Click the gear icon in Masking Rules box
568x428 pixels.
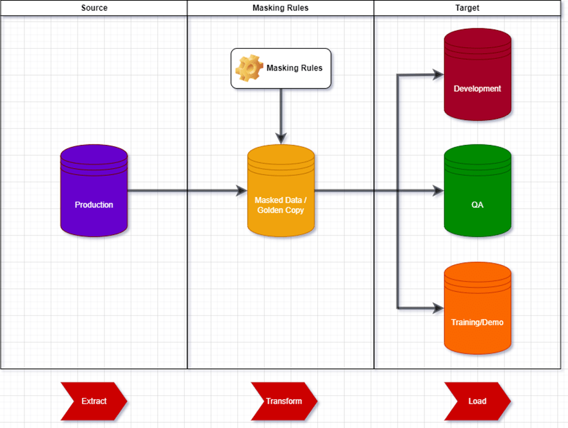click(249, 68)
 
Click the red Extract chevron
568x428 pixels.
click(94, 401)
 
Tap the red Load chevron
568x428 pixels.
click(477, 401)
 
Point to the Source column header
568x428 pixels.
click(94, 8)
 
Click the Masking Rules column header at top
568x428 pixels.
click(281, 8)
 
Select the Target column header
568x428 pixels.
click(471, 8)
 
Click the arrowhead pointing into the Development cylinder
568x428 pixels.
click(439, 75)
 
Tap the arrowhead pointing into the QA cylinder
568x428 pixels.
click(439, 191)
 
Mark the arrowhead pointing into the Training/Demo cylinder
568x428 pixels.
click(439, 308)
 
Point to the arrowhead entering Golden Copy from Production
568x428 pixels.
click(242, 191)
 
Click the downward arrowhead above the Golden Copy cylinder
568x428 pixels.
click(281, 139)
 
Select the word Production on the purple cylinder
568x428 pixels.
click(94, 205)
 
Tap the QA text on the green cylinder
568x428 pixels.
click(477, 205)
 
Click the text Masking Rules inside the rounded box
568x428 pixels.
click(294, 68)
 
